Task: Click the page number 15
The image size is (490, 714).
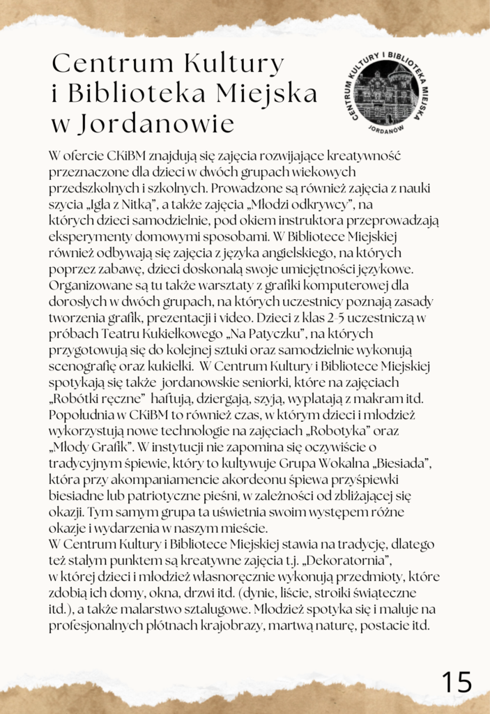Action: pos(457,681)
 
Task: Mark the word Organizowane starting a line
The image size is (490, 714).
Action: pos(87,285)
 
